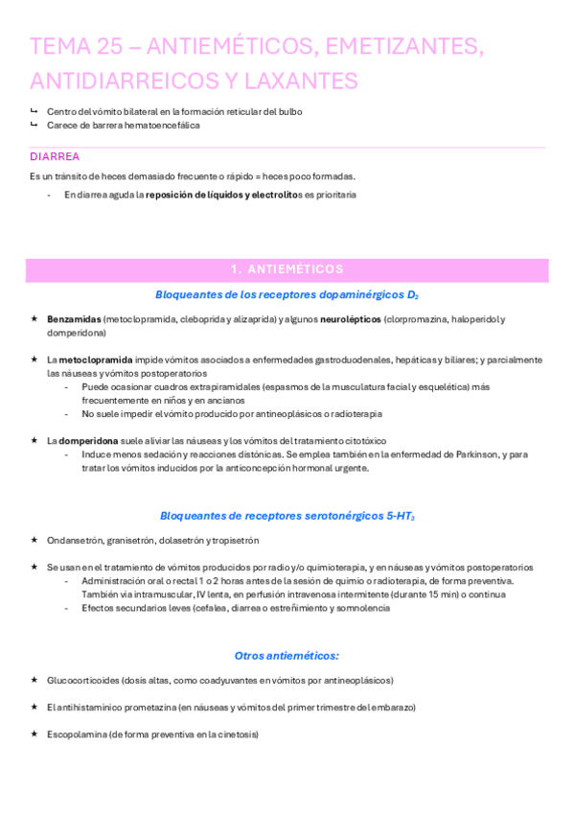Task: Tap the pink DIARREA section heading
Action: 55,156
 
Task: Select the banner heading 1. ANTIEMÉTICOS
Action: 287,269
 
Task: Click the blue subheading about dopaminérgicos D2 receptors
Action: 287,294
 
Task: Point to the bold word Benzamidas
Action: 74,319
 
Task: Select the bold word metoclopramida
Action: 97,360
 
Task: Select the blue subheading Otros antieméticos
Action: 287,656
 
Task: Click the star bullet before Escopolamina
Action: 34,734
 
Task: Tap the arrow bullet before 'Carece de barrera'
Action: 34,125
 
